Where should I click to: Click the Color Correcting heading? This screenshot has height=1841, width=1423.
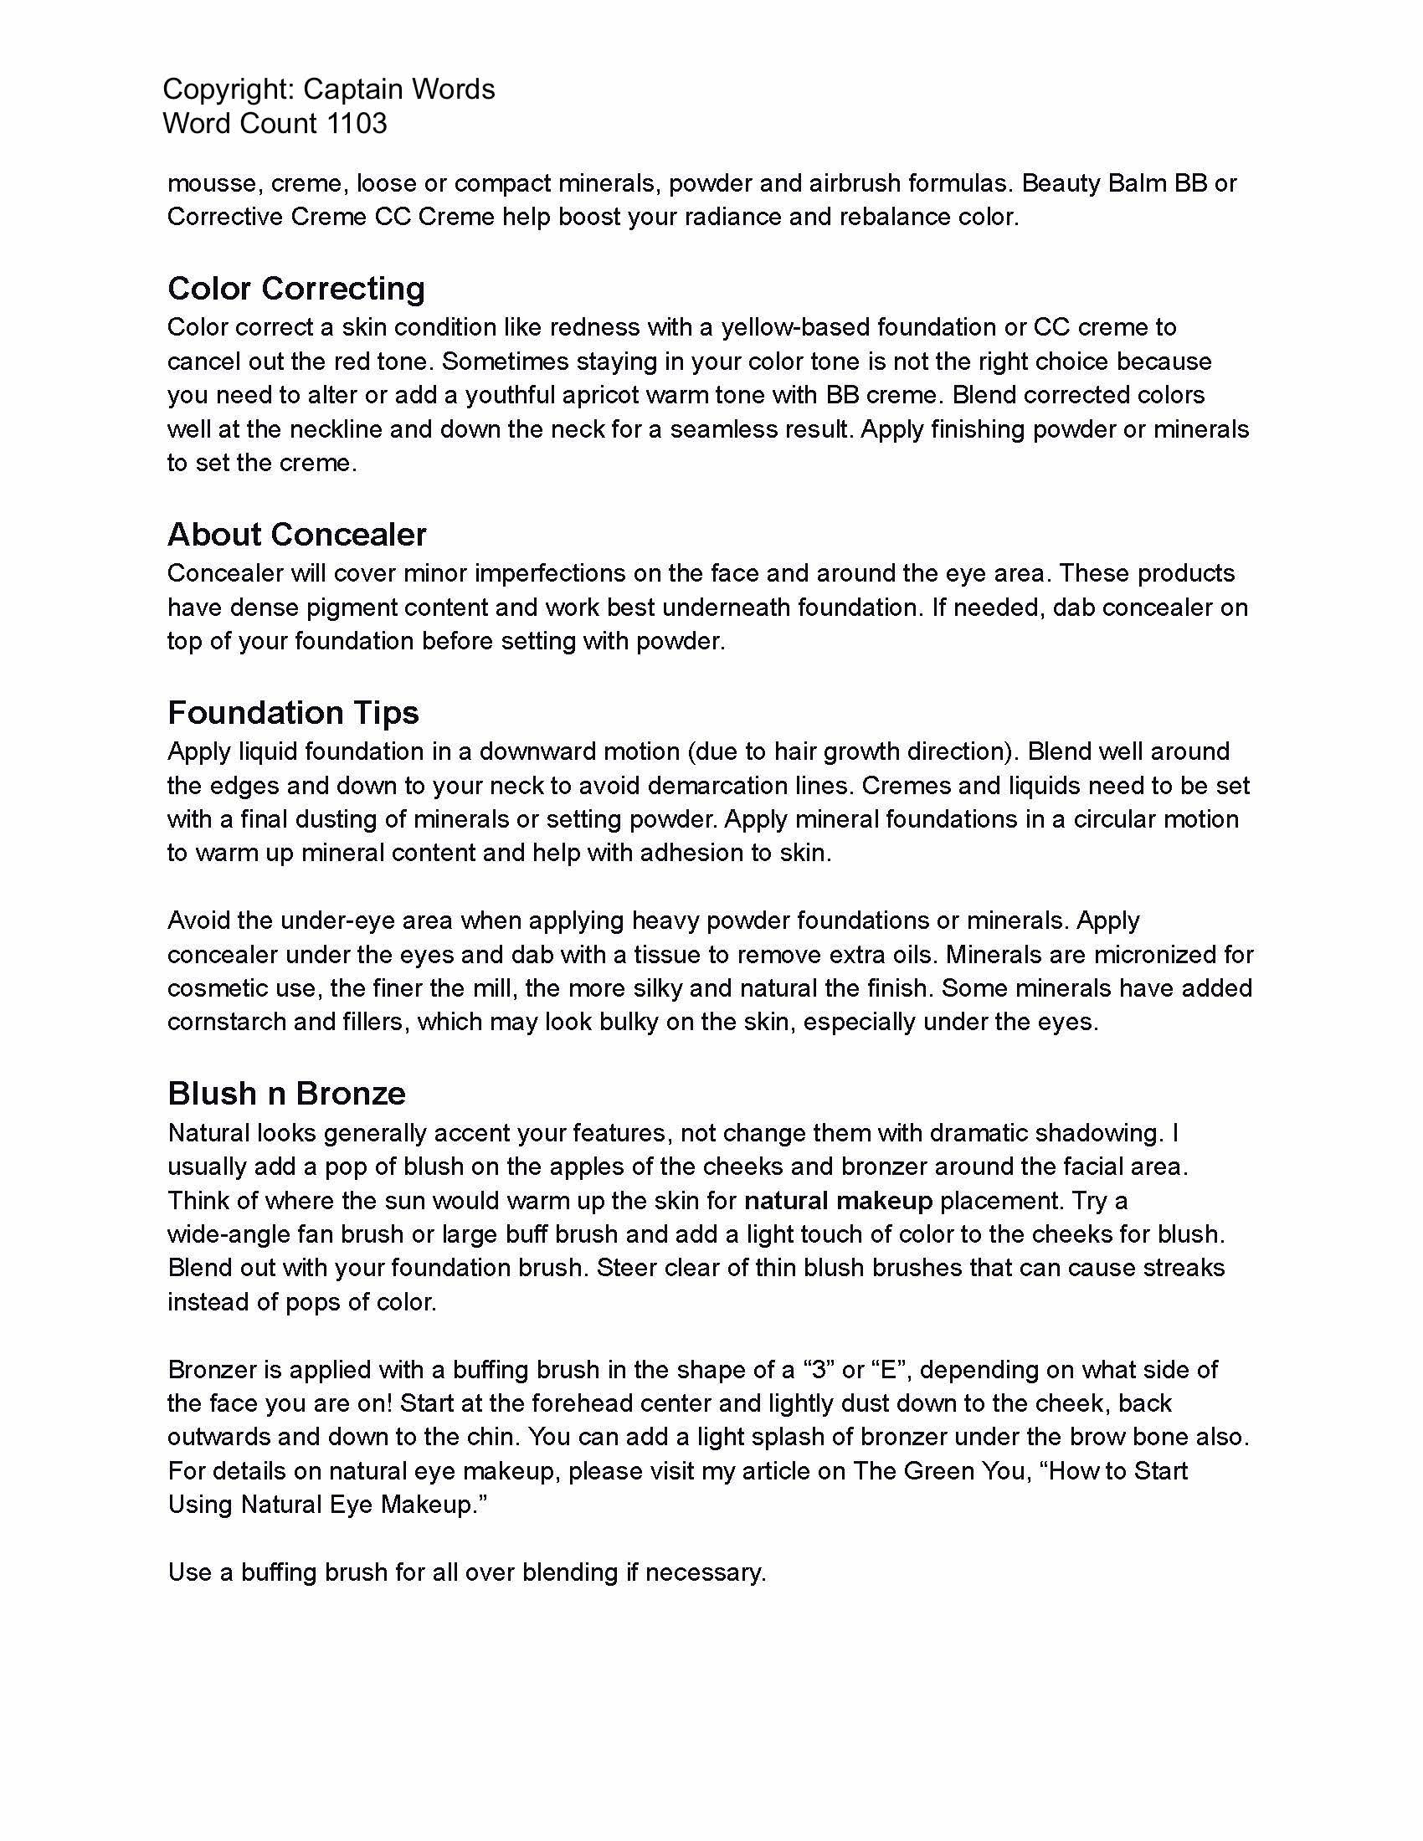click(x=295, y=289)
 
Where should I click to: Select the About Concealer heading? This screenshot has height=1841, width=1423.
click(x=297, y=535)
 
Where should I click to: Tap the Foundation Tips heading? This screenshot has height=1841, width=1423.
click(x=292, y=713)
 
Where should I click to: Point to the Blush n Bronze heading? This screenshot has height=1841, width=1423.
click(x=286, y=1094)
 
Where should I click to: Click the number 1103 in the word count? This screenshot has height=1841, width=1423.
click(x=357, y=123)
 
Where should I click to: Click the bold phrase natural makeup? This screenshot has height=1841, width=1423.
click(x=838, y=1200)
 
